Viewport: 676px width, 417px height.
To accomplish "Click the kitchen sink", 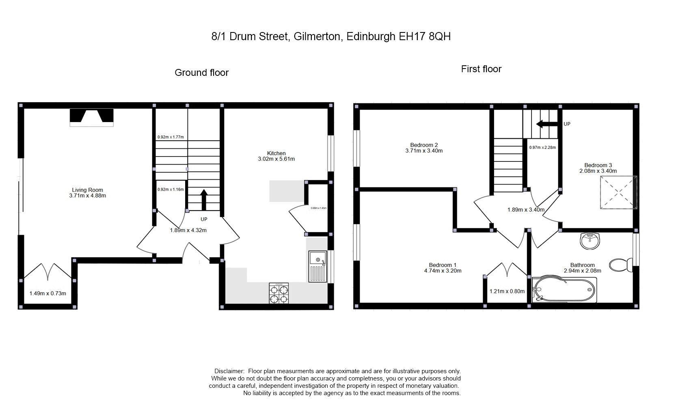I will click(317, 267).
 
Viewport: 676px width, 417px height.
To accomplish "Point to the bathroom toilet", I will click(621, 265).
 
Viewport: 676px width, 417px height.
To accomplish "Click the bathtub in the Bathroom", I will click(564, 290).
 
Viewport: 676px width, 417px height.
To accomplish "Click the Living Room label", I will click(87, 190).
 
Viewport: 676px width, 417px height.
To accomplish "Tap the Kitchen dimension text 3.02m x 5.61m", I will click(276, 159).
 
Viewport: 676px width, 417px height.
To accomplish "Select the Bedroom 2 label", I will click(424, 145).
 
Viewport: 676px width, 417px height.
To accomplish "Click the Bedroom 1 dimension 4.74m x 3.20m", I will click(443, 271).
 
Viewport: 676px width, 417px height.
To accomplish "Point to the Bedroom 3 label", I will click(598, 165).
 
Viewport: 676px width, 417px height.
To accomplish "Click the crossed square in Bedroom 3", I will click(618, 192).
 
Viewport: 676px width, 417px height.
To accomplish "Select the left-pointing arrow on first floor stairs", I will click(546, 124).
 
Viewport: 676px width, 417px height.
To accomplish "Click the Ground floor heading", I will click(201, 73).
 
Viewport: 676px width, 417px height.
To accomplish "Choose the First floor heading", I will click(481, 69).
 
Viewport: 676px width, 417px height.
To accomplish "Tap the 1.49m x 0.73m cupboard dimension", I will click(48, 293).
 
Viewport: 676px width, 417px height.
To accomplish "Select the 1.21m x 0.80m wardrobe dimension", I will click(507, 291).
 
